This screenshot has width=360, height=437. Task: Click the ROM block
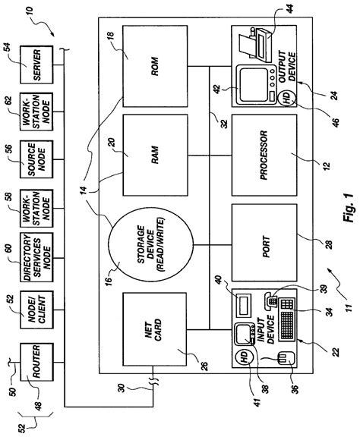(x=153, y=70)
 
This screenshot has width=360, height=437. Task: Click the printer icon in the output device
(x=254, y=47)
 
